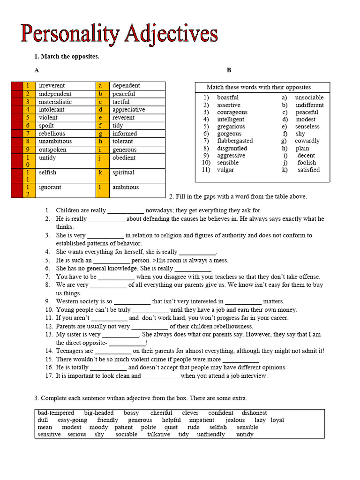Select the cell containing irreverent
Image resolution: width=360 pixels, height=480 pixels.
click(x=52, y=86)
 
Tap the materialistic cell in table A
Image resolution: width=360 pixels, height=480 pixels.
click(x=55, y=102)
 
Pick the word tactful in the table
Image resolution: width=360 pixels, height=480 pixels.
click(x=121, y=102)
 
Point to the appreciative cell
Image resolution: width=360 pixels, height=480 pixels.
click(x=128, y=110)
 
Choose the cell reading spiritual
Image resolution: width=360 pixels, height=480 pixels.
click(x=123, y=172)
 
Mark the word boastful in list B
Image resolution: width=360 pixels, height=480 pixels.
click(x=228, y=97)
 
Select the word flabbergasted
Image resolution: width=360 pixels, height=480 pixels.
click(x=235, y=141)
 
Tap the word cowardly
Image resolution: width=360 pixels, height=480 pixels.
click(x=307, y=141)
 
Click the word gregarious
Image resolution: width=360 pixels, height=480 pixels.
click(x=231, y=127)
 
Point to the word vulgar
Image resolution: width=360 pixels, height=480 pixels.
click(x=225, y=170)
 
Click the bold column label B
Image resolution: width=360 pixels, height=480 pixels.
click(x=229, y=70)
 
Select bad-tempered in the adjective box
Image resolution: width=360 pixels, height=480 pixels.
click(x=56, y=413)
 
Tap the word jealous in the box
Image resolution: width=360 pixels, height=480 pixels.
click(x=235, y=420)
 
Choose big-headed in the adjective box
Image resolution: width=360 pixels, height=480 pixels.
click(x=98, y=413)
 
